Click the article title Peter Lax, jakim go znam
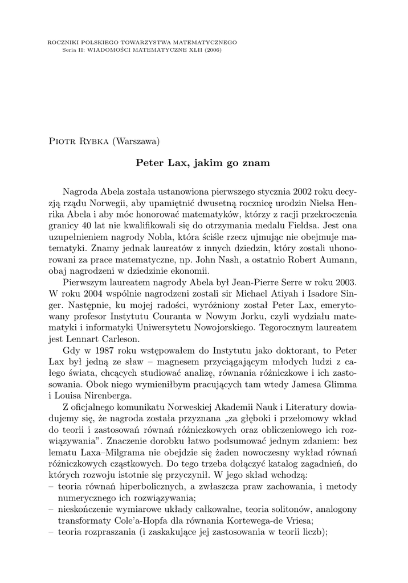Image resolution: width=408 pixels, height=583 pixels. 202,163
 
